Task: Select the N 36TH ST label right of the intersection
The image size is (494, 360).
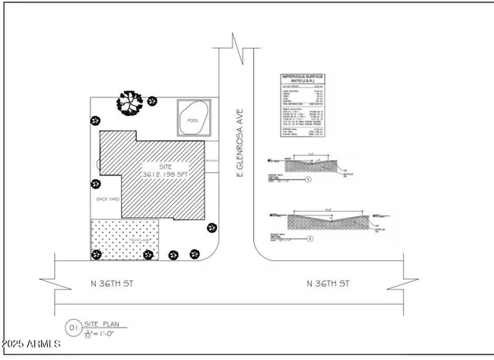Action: coord(329,284)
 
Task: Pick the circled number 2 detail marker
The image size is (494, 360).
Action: coord(310,239)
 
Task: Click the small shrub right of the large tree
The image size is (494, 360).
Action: coord(152,100)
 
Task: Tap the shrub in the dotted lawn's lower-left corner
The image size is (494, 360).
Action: coord(96,254)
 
